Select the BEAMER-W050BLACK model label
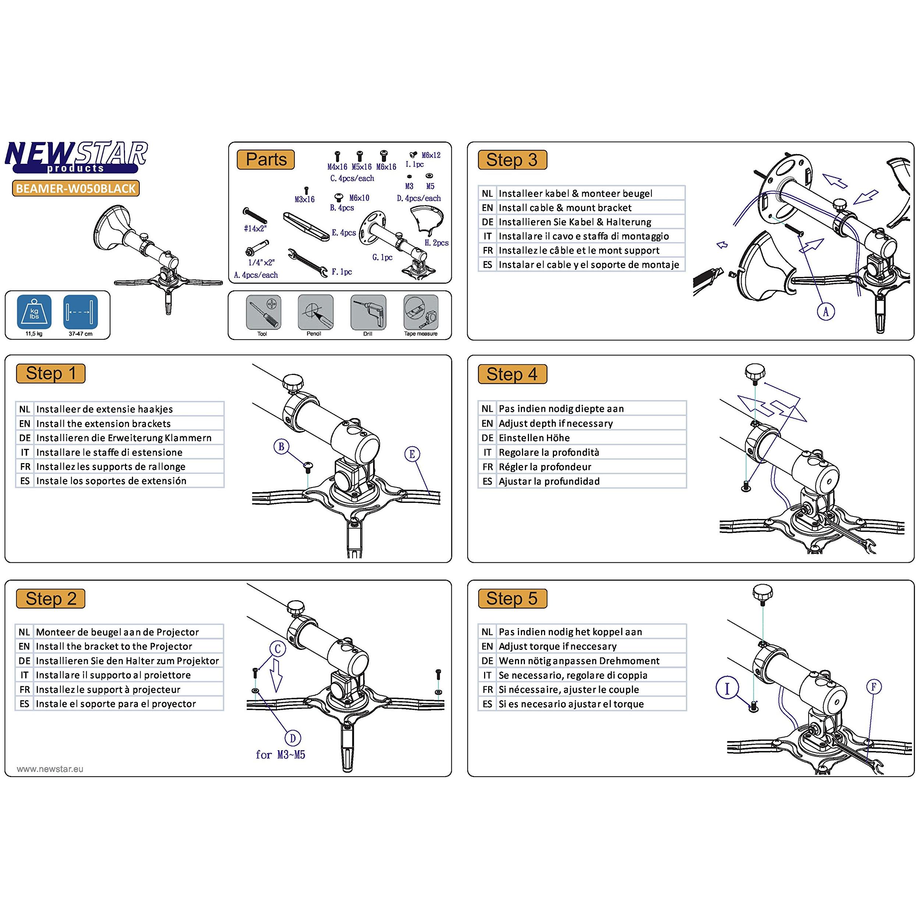[x=76, y=189]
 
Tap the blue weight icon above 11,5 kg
[x=34, y=312]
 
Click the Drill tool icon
[x=368, y=312]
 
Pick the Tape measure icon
[x=421, y=312]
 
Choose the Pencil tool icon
[x=315, y=312]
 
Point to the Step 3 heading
[x=512, y=160]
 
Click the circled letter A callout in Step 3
[x=826, y=311]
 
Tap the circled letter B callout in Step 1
[x=281, y=446]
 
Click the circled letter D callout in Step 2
[x=293, y=738]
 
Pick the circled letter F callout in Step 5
[x=874, y=687]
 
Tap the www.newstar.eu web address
[x=50, y=769]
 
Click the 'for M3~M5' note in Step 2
[x=280, y=755]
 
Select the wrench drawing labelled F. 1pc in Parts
[x=307, y=262]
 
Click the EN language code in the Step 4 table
[x=487, y=423]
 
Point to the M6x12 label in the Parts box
[x=431, y=155]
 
